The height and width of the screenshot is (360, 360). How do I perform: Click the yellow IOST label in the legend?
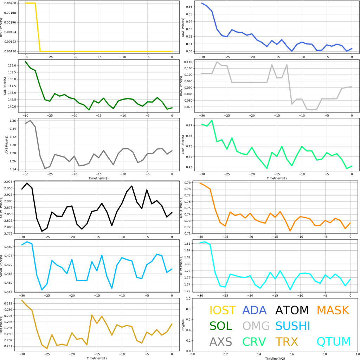click(x=223, y=310)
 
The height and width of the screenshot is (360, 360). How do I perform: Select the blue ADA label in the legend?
click(x=255, y=310)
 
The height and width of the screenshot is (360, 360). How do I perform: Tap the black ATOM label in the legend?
click(x=292, y=310)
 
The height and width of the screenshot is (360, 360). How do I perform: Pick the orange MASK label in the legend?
click(x=333, y=310)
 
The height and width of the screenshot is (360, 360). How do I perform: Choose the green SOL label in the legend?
click(x=221, y=326)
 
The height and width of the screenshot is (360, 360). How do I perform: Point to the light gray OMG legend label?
click(x=256, y=326)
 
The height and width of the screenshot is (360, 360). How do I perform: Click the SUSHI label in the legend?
click(x=292, y=326)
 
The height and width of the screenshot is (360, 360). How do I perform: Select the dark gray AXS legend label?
click(x=221, y=341)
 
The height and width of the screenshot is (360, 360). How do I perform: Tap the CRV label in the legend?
click(x=254, y=341)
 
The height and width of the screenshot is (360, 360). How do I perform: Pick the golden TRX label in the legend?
click(x=287, y=341)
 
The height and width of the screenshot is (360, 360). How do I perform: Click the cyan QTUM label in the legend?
click(x=334, y=341)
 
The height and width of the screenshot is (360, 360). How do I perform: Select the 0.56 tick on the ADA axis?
click(x=189, y=7)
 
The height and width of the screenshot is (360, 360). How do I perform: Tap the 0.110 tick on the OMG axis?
click(x=188, y=62)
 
